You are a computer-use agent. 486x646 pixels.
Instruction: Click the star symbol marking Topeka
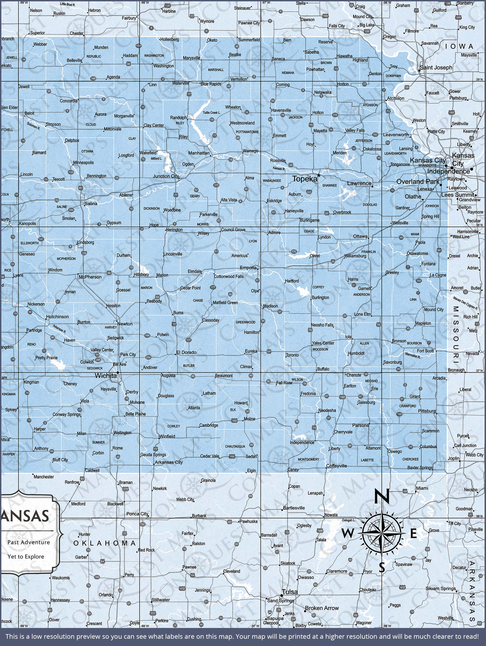319,175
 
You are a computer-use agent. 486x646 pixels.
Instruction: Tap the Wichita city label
106,376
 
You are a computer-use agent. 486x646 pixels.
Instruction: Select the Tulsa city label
290,592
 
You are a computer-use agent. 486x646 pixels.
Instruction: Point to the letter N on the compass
381,496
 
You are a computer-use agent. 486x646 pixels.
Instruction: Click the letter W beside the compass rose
347,533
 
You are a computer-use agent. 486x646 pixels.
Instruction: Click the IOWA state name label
459,47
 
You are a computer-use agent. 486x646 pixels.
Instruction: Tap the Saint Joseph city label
436,68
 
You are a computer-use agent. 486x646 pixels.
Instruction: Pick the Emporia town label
248,268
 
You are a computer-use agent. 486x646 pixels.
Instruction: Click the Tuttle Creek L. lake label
212,113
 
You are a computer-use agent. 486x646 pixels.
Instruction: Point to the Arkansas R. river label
59,329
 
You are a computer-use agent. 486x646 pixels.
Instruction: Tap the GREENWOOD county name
245,322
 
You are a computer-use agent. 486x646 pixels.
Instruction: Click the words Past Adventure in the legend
28,542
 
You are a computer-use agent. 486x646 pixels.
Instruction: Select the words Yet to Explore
26,557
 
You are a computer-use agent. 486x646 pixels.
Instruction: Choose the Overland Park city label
418,181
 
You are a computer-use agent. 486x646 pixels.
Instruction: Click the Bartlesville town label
294,508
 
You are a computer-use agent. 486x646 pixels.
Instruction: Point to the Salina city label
91,203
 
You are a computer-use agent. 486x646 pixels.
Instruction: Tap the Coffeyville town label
337,466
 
